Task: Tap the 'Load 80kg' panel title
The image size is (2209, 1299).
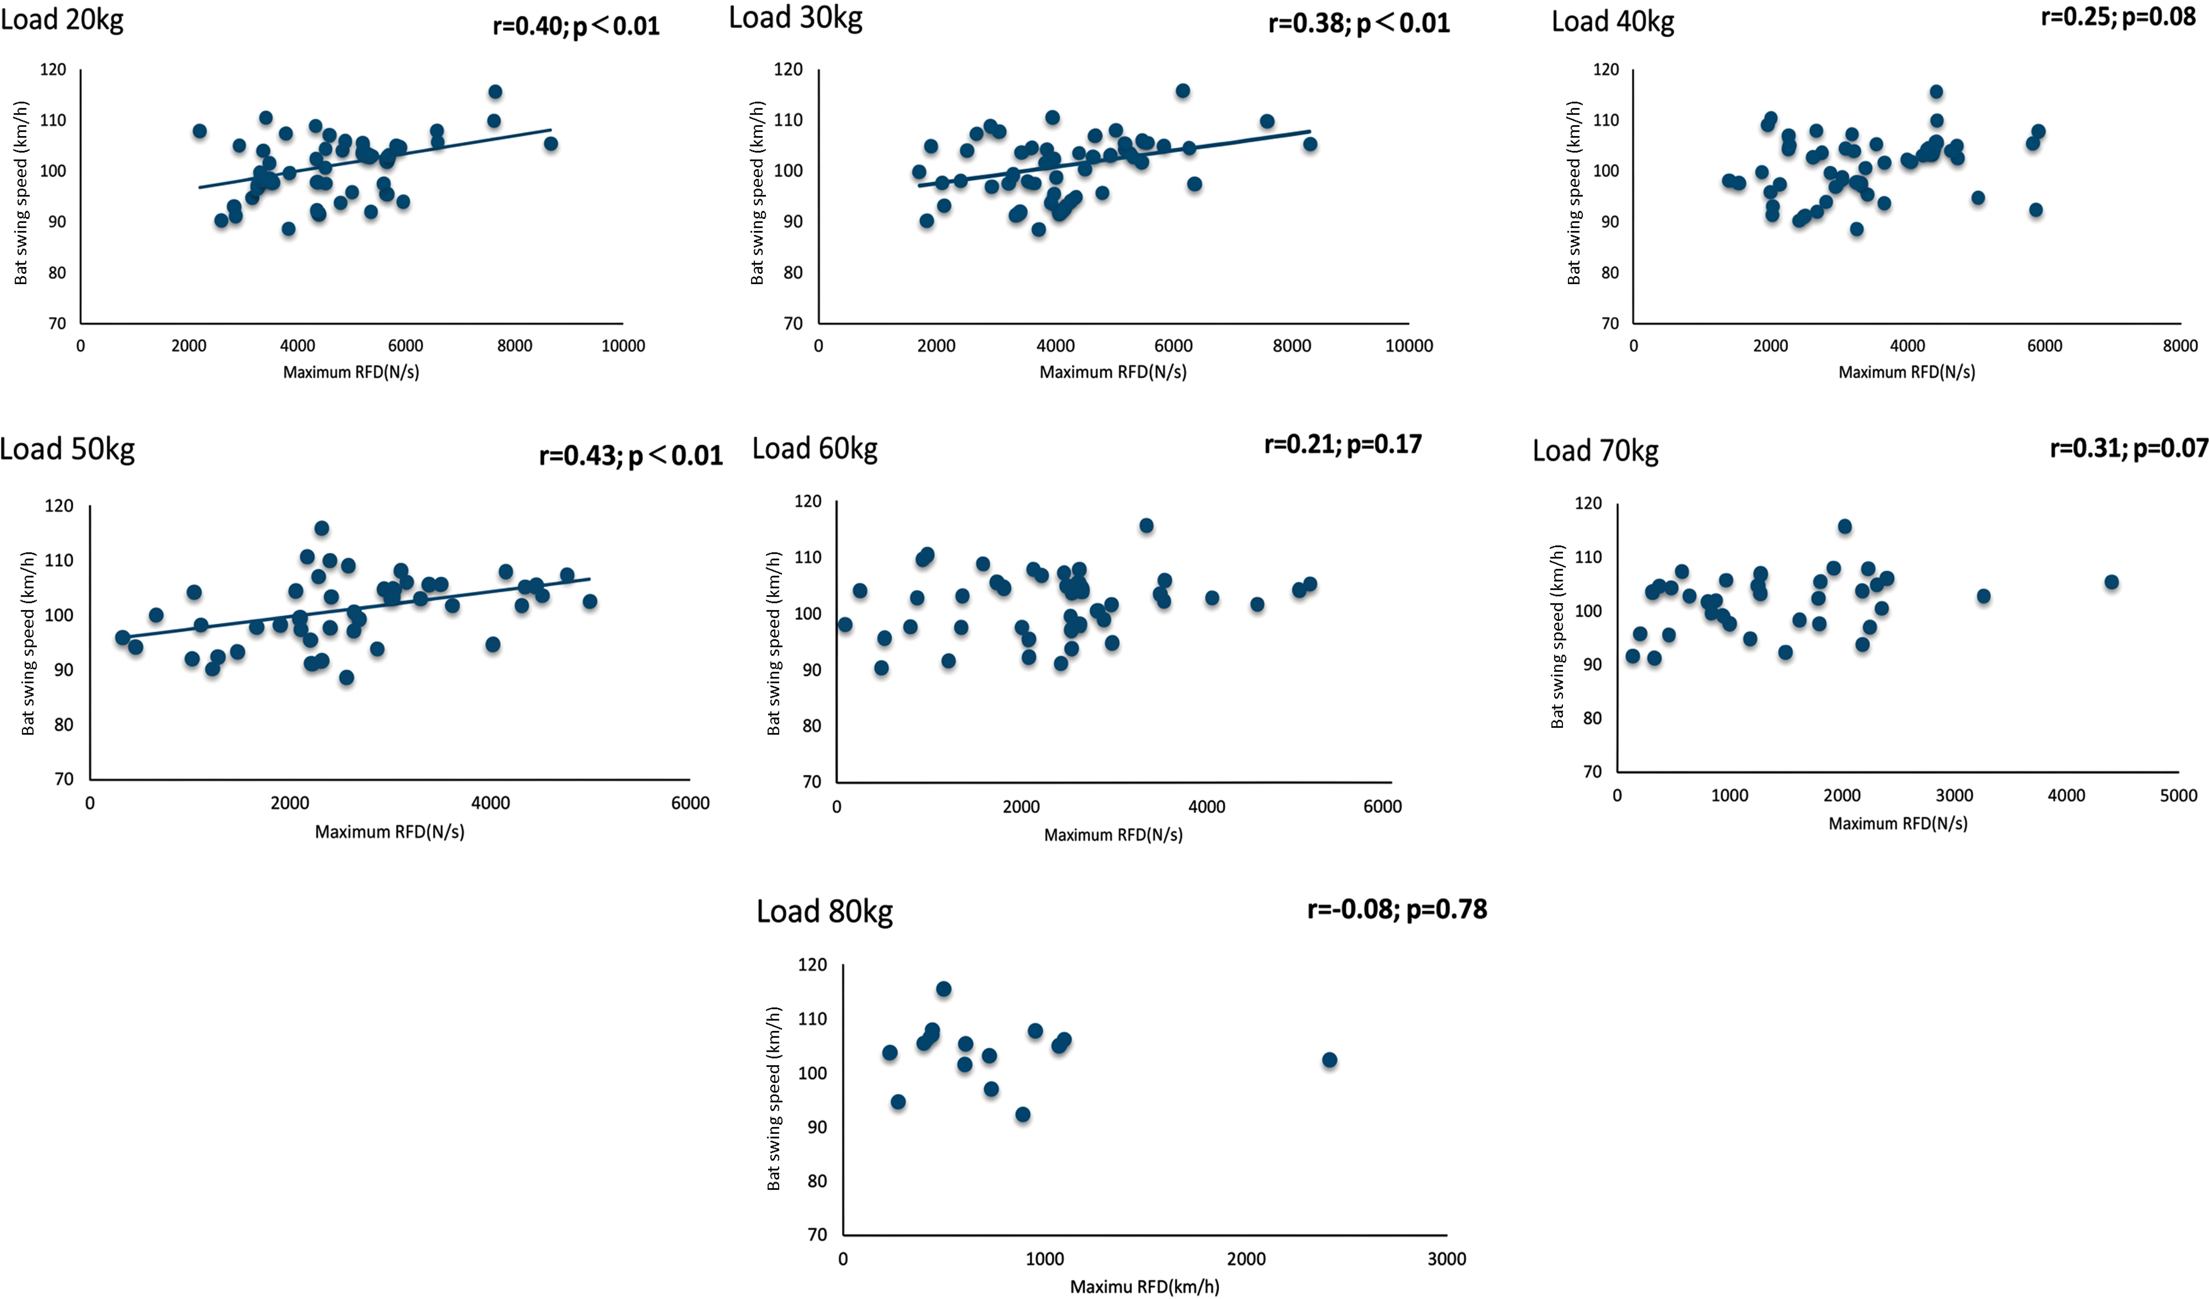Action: coord(825,912)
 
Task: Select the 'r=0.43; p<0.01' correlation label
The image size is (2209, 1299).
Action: coord(631,455)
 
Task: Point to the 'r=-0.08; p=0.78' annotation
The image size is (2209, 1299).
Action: coord(1397,909)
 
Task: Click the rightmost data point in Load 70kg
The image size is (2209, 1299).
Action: coord(2112,582)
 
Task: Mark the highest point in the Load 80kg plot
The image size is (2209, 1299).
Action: coord(943,989)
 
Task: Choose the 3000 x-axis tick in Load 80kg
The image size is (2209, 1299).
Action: coord(1446,1259)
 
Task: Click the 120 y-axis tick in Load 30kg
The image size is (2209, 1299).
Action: coord(788,69)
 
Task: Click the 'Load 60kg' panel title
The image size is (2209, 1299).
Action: coord(815,449)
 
